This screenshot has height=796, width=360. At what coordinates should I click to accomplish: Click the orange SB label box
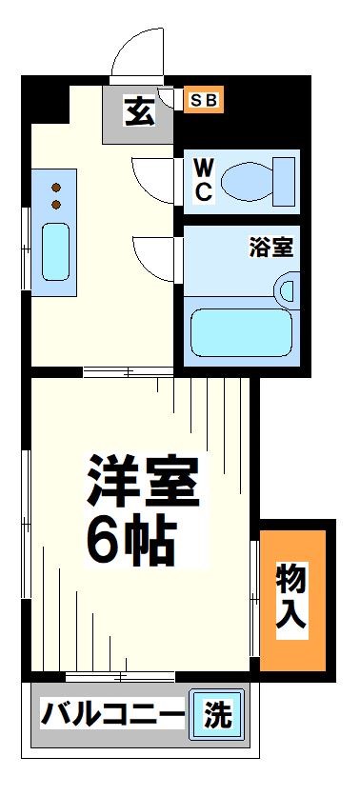click(x=203, y=99)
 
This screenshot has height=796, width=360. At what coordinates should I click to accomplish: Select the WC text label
click(x=204, y=179)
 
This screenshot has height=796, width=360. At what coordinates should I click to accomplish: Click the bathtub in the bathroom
click(x=240, y=330)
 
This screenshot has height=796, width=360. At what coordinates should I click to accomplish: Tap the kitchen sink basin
click(x=55, y=250)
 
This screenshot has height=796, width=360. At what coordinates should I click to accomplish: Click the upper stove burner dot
click(x=55, y=187)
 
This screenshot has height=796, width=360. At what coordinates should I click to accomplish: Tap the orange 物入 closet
click(x=292, y=596)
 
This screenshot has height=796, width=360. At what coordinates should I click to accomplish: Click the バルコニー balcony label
click(x=112, y=714)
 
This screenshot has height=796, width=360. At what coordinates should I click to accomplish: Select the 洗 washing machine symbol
click(x=217, y=714)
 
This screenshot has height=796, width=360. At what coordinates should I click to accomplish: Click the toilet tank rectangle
click(x=287, y=178)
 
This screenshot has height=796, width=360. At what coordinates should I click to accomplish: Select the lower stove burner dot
click(x=55, y=204)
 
